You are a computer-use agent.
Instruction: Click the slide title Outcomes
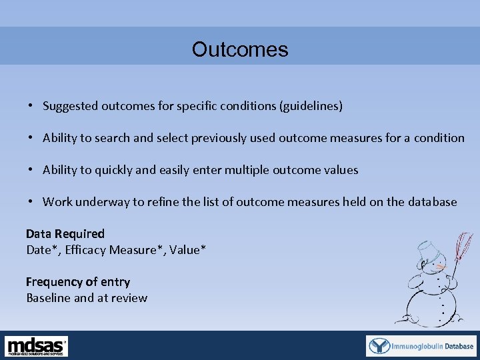pos(240,50)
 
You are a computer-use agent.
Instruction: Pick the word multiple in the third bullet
pos(247,170)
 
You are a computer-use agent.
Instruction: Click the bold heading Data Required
pos(65,234)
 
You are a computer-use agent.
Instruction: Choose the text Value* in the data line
pos(187,250)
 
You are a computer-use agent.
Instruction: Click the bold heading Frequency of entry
pos(78,282)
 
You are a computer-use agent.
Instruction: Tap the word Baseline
pos(48,298)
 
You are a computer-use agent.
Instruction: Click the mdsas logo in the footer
pos(37,346)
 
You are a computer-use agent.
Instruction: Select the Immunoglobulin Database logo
pos(421,346)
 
